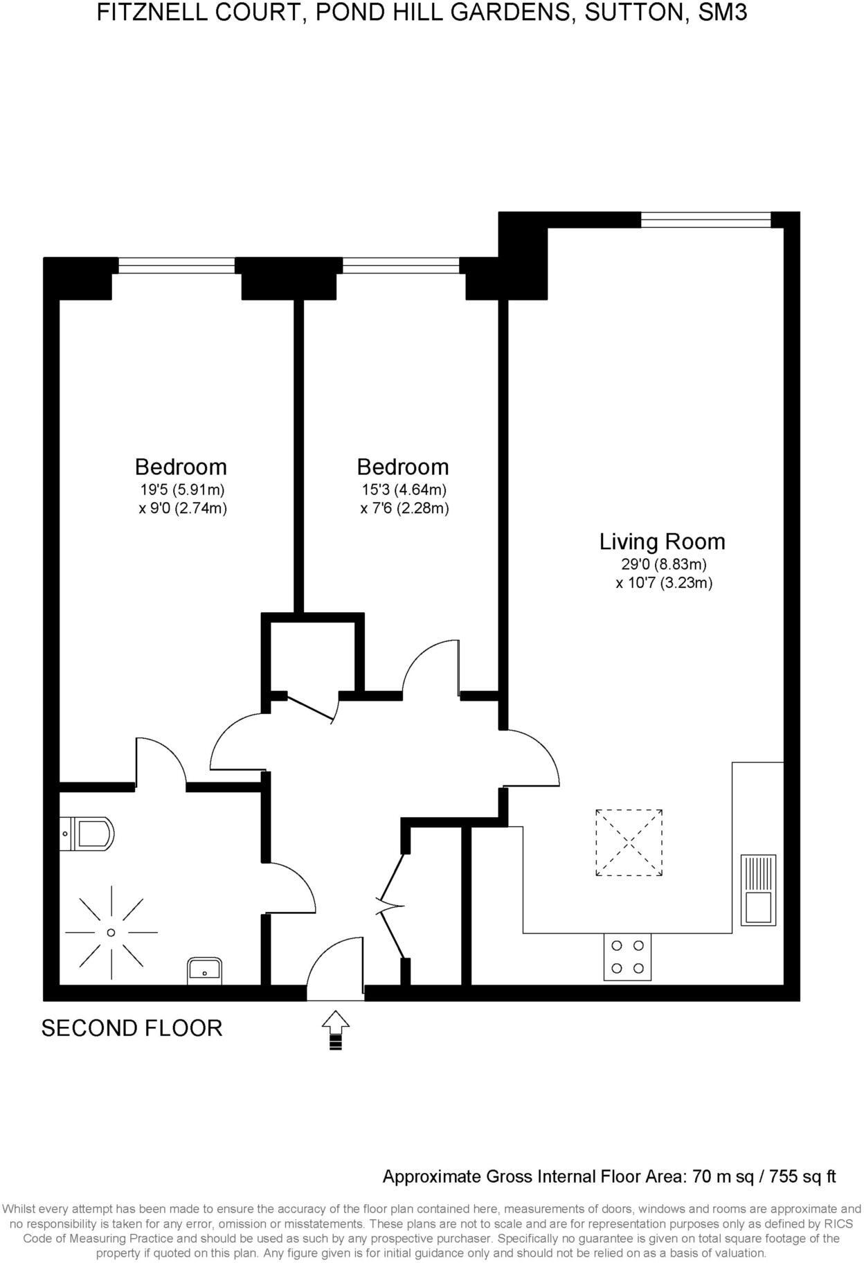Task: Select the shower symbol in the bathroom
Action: [x=111, y=932]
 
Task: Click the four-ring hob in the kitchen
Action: [x=627, y=956]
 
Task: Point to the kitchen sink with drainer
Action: [x=758, y=890]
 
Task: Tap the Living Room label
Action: [x=662, y=541]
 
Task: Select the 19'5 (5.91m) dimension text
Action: [x=183, y=490]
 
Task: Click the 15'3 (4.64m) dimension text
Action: [x=404, y=490]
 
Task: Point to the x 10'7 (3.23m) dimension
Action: [x=664, y=583]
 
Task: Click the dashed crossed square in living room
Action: [x=629, y=842]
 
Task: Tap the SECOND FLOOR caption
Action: [x=132, y=1028]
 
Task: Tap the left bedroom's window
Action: [x=177, y=265]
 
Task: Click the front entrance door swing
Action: [x=334, y=966]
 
